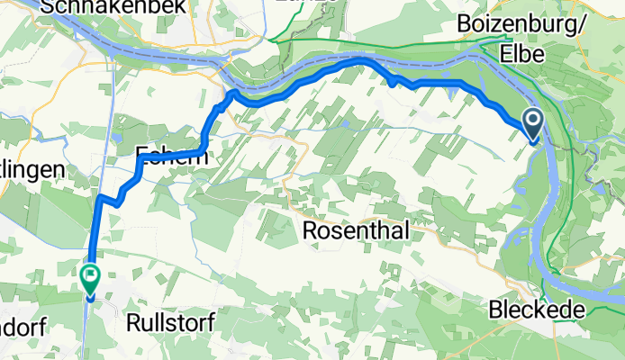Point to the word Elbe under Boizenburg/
coord(528,53)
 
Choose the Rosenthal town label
coord(357,230)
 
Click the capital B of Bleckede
coord(494,310)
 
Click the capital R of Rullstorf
coord(134,321)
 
